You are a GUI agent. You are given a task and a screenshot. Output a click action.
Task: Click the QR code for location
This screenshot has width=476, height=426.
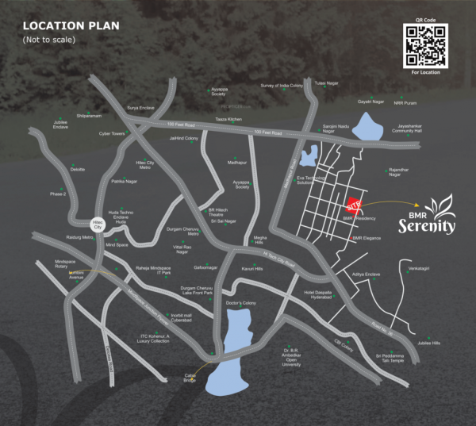point(427,43)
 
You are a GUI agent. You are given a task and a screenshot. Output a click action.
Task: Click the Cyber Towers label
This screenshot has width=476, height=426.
point(112,133)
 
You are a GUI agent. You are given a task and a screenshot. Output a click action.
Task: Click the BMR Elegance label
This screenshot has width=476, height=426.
point(367,237)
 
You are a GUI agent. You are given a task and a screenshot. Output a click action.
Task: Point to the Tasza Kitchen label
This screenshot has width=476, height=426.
point(228,119)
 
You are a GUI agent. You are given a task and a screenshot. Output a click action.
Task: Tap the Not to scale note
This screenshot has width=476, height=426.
point(47,39)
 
